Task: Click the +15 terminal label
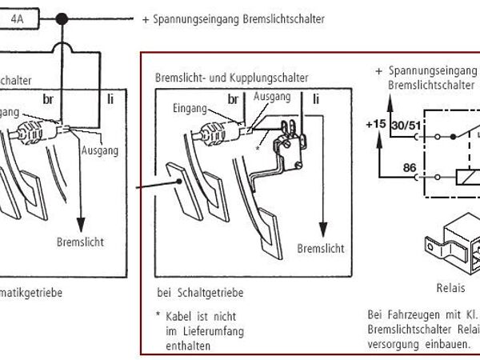[x=375, y=125]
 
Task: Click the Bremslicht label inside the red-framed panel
[x=321, y=249]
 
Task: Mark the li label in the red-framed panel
[x=317, y=99]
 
